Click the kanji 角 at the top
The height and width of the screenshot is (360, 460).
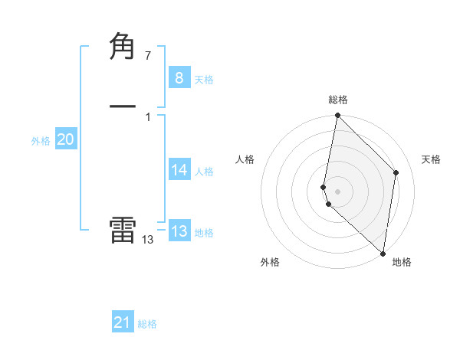click(123, 47)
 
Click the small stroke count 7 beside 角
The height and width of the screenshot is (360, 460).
click(147, 55)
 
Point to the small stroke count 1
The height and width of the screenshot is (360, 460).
click(147, 116)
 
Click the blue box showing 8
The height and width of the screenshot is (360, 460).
click(179, 78)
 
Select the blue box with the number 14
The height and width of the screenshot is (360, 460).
click(179, 170)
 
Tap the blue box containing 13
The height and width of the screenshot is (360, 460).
click(179, 231)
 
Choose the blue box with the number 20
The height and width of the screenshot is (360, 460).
click(65, 139)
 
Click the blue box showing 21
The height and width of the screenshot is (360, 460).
click(123, 322)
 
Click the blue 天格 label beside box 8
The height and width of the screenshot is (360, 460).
click(204, 80)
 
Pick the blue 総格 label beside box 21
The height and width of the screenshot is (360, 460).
click(147, 324)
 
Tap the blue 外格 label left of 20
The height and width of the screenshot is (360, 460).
click(41, 141)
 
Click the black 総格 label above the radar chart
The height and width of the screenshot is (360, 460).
click(338, 100)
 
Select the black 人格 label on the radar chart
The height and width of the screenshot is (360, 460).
click(245, 159)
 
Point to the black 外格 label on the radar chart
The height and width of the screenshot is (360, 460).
click(270, 262)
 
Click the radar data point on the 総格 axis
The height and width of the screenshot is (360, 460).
click(337, 116)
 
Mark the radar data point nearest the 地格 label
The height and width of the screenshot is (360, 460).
click(383, 254)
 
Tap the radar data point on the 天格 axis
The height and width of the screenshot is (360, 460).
click(396, 172)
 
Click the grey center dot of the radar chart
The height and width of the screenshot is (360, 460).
click(337, 191)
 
